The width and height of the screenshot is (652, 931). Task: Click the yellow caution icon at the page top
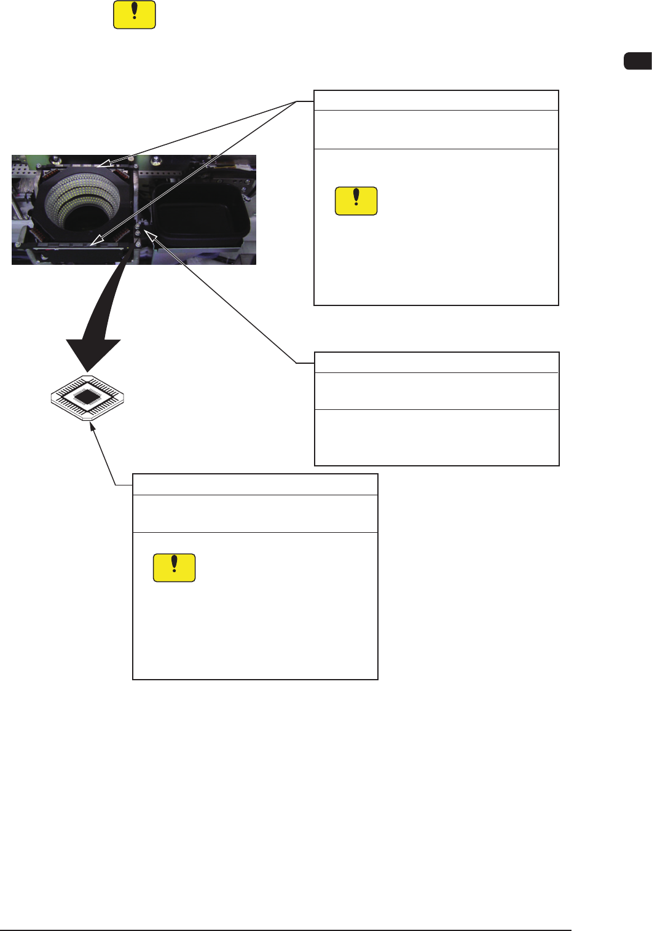click(x=134, y=15)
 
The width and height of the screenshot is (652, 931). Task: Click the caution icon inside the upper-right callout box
click(x=356, y=201)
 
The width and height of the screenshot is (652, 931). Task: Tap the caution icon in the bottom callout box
click(x=174, y=568)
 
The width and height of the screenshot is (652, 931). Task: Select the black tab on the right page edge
click(x=638, y=61)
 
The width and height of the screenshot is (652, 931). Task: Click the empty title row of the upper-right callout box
click(x=436, y=100)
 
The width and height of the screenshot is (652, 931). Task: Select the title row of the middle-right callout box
click(x=436, y=362)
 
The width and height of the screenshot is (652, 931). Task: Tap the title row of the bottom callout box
click(x=255, y=484)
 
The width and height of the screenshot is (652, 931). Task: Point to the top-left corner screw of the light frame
click(x=39, y=165)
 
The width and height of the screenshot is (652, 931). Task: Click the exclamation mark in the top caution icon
click(x=134, y=12)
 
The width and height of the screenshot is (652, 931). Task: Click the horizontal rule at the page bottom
click(x=286, y=930)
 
